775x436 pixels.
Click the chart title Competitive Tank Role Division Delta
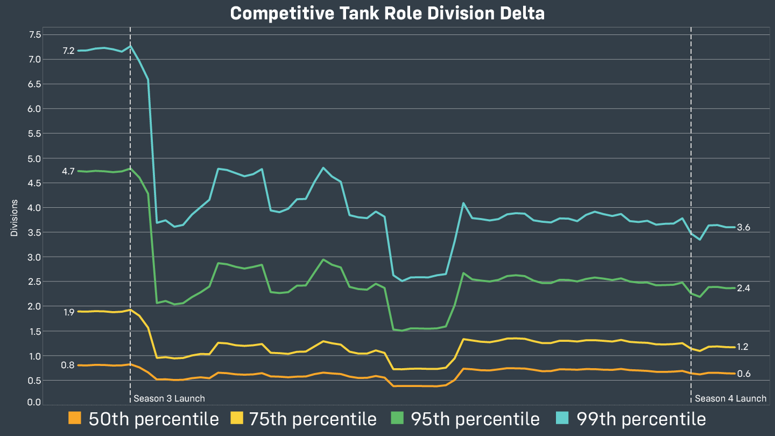(387, 13)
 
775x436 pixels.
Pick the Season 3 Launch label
(169, 399)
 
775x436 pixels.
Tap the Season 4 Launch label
(730, 399)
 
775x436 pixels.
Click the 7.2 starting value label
(68, 51)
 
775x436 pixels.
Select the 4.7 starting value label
(68, 172)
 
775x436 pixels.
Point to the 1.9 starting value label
(68, 312)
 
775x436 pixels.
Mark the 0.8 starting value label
(68, 365)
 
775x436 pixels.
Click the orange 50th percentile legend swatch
(75, 419)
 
